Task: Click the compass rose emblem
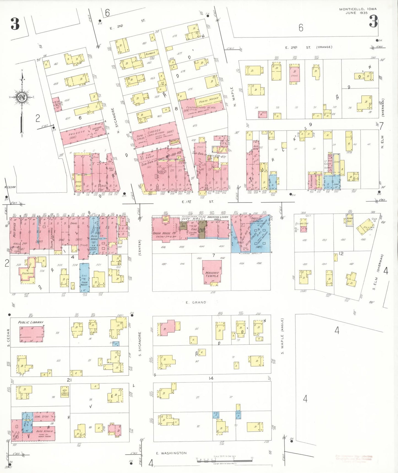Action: [x=21, y=97]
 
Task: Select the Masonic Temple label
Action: [x=212, y=274]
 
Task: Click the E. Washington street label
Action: [x=171, y=453]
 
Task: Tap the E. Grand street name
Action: [x=196, y=302]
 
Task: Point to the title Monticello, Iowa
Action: [x=358, y=9]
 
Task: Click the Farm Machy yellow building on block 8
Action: [x=209, y=100]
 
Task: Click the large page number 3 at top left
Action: [x=15, y=24]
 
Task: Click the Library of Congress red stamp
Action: [x=354, y=459]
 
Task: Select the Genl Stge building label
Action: [x=42, y=417]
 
